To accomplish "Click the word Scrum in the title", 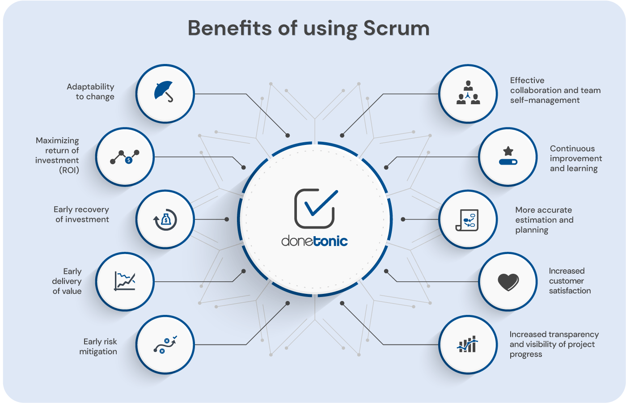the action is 396,28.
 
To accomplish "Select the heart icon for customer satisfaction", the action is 508,282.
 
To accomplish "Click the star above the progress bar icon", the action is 508,151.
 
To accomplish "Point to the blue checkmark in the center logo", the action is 321,204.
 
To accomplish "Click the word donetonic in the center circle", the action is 314,241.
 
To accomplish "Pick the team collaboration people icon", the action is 468,93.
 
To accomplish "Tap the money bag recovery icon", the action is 165,220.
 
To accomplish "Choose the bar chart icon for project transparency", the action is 467,344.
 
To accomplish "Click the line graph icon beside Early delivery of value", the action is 125,281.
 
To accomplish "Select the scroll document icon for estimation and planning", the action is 467,220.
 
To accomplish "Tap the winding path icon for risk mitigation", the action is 165,344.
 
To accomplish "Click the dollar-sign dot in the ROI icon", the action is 129,160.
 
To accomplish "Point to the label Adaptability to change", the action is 90,91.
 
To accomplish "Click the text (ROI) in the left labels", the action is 69,170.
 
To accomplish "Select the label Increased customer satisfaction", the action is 570,281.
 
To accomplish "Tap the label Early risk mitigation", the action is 98,346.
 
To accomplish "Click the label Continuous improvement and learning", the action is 576,158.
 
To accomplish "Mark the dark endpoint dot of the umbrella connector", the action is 288,136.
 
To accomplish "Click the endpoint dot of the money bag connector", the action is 227,219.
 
